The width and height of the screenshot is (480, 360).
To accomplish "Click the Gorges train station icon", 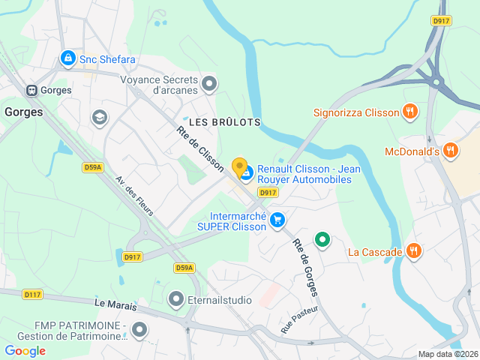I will pos(32,90).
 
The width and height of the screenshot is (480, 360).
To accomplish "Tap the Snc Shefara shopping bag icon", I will pos(67,57).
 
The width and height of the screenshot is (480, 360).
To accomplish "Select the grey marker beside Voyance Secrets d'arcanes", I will pos(209,83).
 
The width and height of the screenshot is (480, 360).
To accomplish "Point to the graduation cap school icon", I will pos(98,117).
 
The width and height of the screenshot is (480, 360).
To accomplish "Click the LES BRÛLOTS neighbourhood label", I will pos(224,121).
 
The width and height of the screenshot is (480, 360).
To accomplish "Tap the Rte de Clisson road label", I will pos(200,148).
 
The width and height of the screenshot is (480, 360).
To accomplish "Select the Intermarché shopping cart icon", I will pos(277,220).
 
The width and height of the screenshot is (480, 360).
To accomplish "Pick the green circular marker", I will pos(322,240).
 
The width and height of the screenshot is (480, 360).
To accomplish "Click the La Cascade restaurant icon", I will pos(412,250).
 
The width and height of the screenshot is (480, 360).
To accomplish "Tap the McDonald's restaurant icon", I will pos(450,151).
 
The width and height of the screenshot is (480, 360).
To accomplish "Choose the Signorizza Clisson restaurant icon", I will pos(409,113).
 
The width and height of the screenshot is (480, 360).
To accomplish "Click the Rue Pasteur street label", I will pos(299,319).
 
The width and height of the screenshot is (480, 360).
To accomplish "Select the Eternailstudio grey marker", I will pos(176,300).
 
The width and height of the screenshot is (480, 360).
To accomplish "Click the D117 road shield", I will pos(32,295).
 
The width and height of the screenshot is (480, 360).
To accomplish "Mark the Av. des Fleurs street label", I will pos(134,196).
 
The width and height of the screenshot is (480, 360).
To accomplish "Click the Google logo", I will pos(25,351).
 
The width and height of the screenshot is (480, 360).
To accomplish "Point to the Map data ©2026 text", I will pos(447,354).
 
